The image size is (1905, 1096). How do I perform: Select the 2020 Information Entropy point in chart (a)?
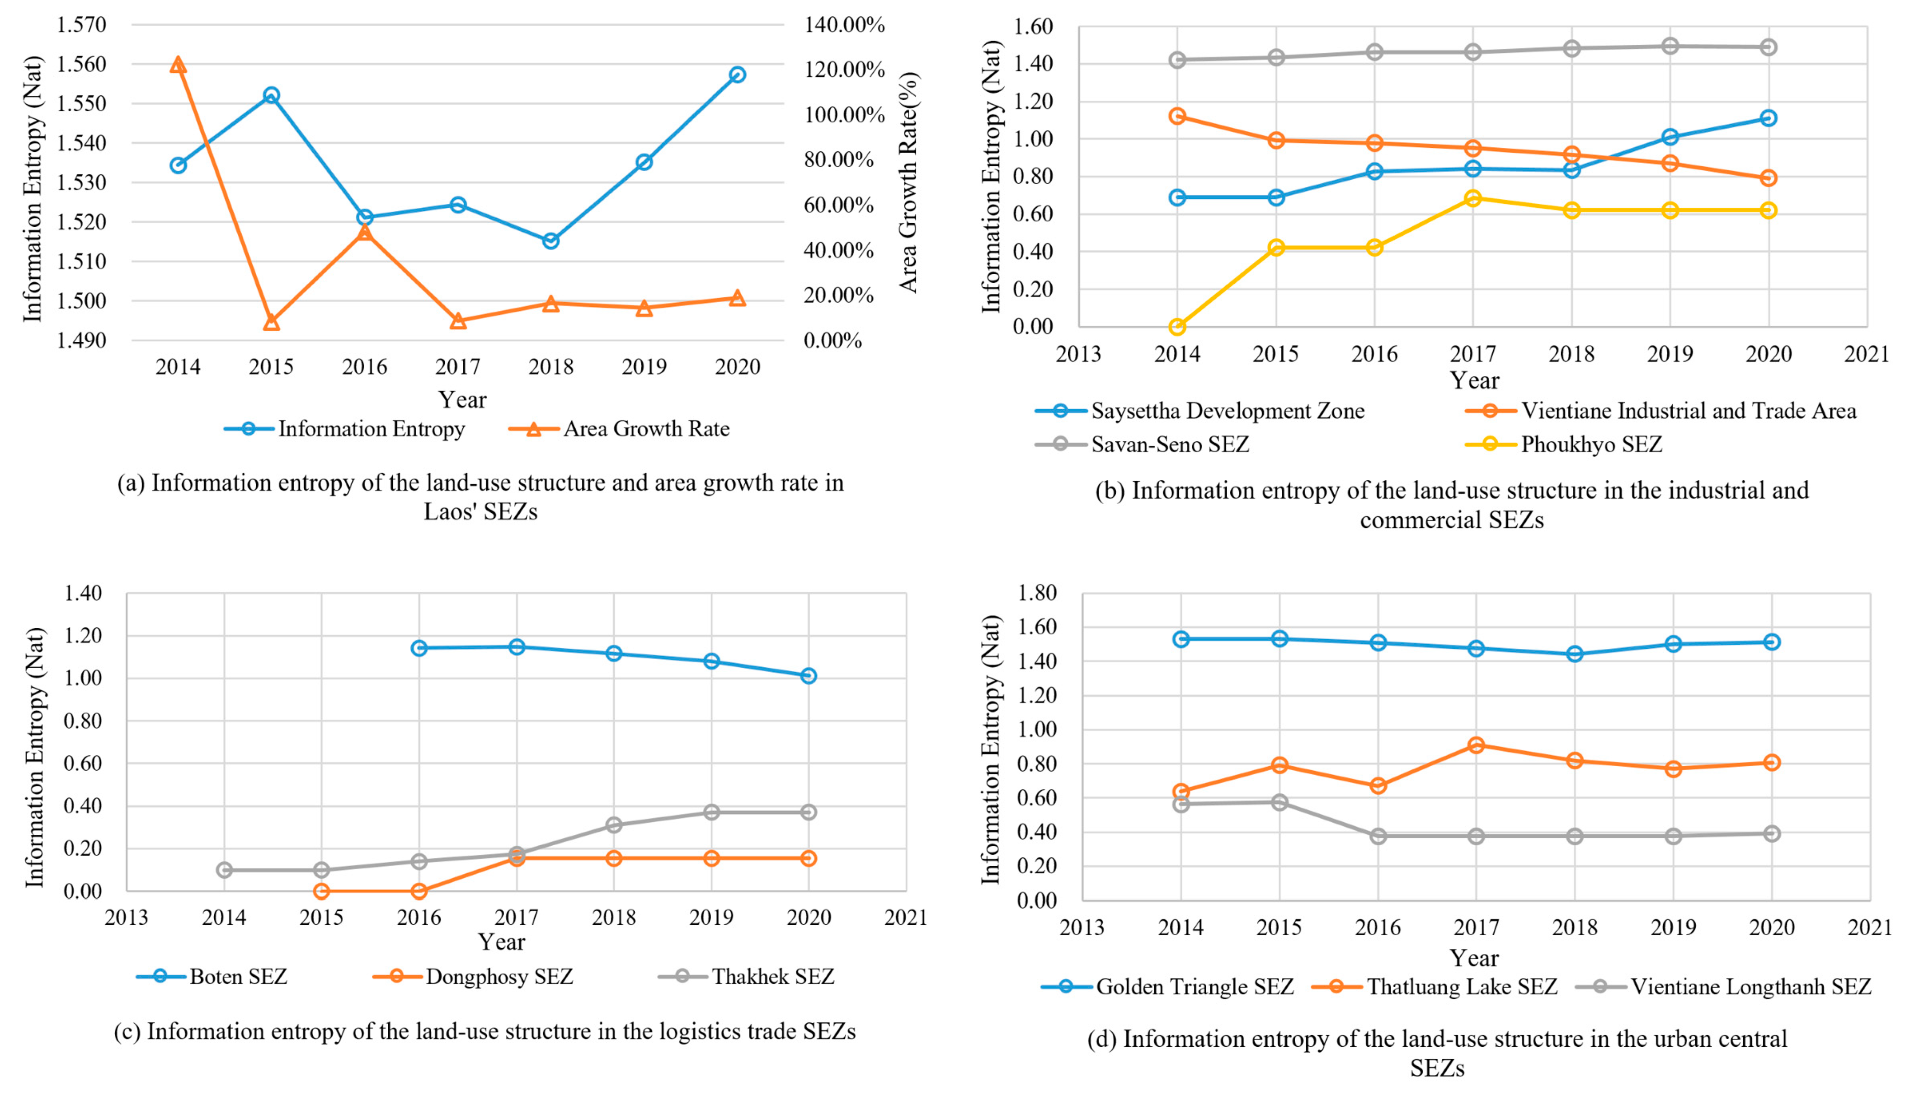(x=737, y=75)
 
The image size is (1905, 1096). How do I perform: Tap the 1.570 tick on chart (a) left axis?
(x=81, y=25)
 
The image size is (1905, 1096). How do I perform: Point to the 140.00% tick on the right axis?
(x=843, y=25)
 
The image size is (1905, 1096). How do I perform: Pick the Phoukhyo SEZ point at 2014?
(x=1177, y=327)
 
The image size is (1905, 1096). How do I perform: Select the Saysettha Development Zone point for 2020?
(x=1768, y=118)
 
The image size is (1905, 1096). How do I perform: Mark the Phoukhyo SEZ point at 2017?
(x=1473, y=198)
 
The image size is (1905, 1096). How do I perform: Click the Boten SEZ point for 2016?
(x=419, y=648)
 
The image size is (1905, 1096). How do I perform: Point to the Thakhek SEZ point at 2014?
(x=224, y=870)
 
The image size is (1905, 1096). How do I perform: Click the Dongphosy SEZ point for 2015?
(x=321, y=891)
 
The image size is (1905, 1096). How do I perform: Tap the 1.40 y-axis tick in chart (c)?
(x=83, y=593)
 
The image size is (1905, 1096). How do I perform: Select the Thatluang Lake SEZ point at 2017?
(x=1476, y=745)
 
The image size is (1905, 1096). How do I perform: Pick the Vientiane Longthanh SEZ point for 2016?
(x=1378, y=836)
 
